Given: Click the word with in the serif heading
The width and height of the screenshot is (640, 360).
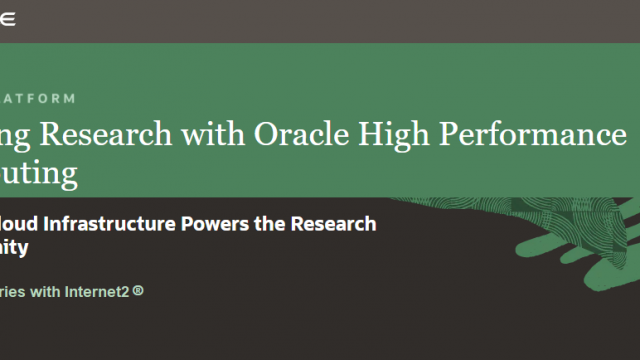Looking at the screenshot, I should point(224,135).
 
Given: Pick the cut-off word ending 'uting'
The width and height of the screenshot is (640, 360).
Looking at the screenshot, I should point(40,175).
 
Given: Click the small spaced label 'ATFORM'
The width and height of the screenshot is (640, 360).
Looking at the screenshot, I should point(36,98).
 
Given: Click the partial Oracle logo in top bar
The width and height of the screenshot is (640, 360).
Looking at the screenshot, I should point(10,17).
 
